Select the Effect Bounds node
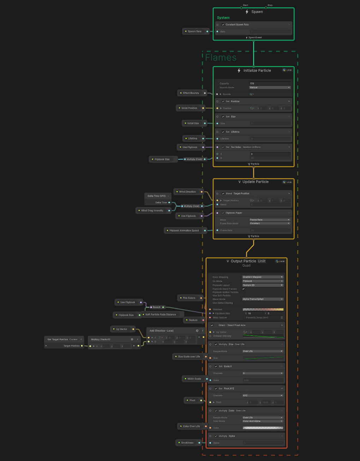(x=191, y=93)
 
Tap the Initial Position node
(x=189, y=108)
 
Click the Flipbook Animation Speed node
(x=184, y=231)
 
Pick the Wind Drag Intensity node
(x=152, y=211)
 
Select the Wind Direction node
(x=187, y=192)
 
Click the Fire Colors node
(x=189, y=298)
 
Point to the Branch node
(x=157, y=307)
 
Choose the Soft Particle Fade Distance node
(x=161, y=315)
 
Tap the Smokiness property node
(x=187, y=443)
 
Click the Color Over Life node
(x=191, y=426)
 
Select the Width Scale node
(x=194, y=379)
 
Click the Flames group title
(x=221, y=57)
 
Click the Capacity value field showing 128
(x=270, y=84)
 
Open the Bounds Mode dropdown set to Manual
(x=270, y=87)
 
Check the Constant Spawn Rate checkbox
(x=223, y=25)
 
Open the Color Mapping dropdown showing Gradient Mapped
(x=263, y=277)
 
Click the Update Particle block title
(x=256, y=182)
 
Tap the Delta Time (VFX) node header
(x=157, y=196)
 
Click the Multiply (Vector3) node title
(x=101, y=339)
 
